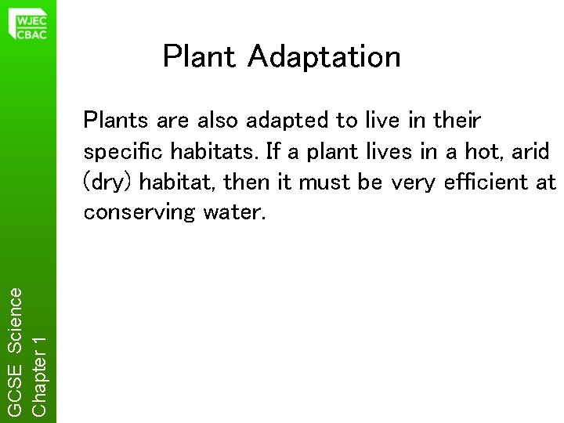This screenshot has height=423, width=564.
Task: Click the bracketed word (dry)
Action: pyautogui.click(x=104, y=183)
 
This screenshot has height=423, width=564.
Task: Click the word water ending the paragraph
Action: pyautogui.click(x=236, y=213)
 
